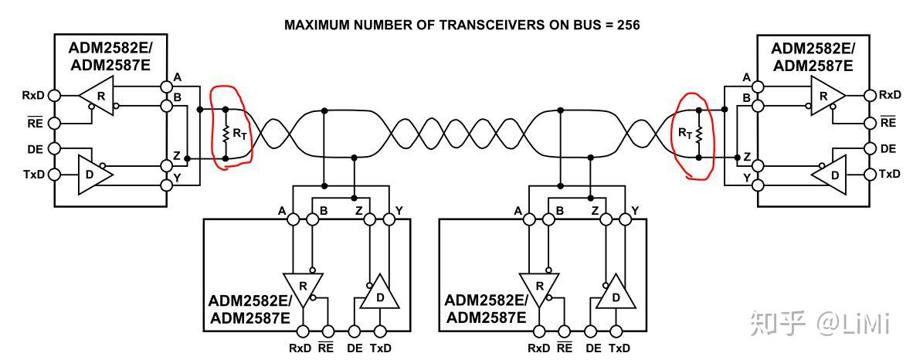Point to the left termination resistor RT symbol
pyautogui.click(x=226, y=134)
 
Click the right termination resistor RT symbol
pyautogui.click(x=698, y=134)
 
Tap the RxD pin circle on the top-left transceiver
pyautogui.click(x=54, y=96)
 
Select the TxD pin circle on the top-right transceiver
pyautogui.click(x=870, y=175)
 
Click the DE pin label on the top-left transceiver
pyautogui.click(x=34, y=148)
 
